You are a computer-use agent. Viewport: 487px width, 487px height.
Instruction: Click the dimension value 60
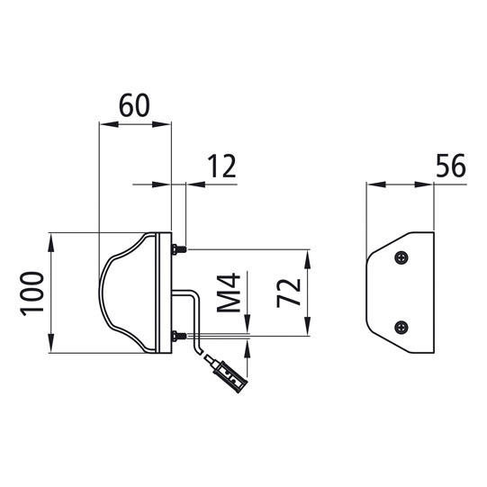134,107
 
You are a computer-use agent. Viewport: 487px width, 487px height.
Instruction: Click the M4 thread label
230,293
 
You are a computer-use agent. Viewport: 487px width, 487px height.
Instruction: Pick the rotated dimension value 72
287,293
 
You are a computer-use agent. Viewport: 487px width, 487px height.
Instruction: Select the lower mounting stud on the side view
180,338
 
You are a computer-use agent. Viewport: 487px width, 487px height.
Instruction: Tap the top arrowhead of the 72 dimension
309,256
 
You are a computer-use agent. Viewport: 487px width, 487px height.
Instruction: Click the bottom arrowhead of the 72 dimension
309,330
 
